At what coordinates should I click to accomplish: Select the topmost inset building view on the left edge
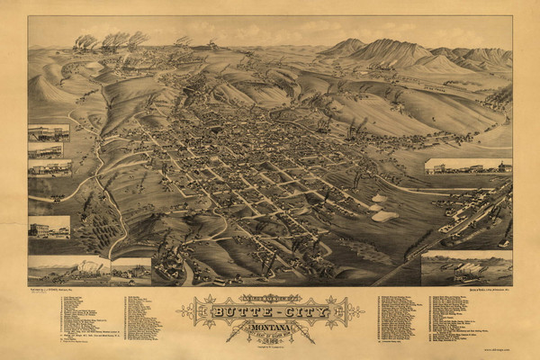(x=49, y=132)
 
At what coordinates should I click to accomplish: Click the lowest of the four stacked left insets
(x=49, y=227)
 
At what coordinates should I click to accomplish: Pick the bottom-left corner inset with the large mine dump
(x=68, y=269)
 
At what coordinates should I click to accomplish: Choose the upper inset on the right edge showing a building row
(x=468, y=166)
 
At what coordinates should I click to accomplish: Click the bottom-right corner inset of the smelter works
(x=466, y=268)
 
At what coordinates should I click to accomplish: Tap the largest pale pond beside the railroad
(x=384, y=216)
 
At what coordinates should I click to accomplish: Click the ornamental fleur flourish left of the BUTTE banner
(x=190, y=311)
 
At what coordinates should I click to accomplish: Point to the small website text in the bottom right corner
(x=496, y=348)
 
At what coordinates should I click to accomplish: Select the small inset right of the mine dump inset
(x=131, y=267)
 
